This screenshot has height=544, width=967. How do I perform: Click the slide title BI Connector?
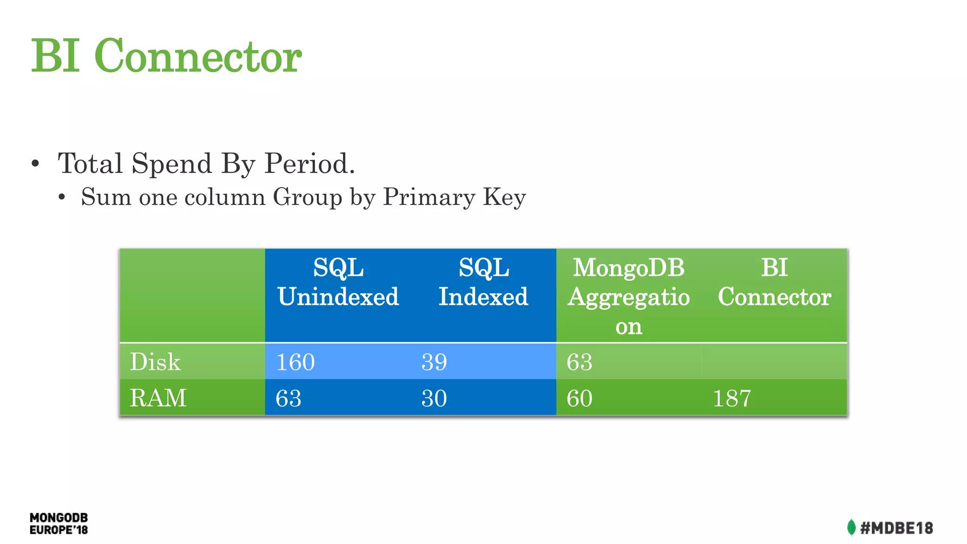click(166, 56)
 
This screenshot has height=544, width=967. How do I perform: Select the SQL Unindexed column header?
click(338, 282)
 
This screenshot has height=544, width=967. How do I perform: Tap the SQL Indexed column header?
click(483, 282)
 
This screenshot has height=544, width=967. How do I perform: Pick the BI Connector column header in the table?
click(774, 282)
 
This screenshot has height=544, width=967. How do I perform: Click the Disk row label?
click(155, 362)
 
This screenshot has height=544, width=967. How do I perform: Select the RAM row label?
click(158, 398)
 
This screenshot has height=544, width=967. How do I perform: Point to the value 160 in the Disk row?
click(295, 362)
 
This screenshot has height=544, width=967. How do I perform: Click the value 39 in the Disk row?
click(434, 362)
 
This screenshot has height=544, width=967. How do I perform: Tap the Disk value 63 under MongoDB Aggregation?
click(579, 362)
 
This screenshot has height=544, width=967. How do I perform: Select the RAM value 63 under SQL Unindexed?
click(288, 399)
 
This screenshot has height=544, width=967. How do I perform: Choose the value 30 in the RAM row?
click(434, 399)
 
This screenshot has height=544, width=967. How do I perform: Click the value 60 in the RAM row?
click(579, 399)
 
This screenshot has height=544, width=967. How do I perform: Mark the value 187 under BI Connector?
click(731, 399)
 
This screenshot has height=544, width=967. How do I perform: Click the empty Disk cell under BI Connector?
click(774, 362)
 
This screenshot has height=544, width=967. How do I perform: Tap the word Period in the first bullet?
click(309, 164)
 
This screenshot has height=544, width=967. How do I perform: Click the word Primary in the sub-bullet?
click(429, 197)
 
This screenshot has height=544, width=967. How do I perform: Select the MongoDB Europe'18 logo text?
click(59, 524)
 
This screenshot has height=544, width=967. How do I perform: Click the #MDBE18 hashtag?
click(896, 528)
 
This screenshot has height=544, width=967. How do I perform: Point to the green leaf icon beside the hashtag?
click(851, 527)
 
